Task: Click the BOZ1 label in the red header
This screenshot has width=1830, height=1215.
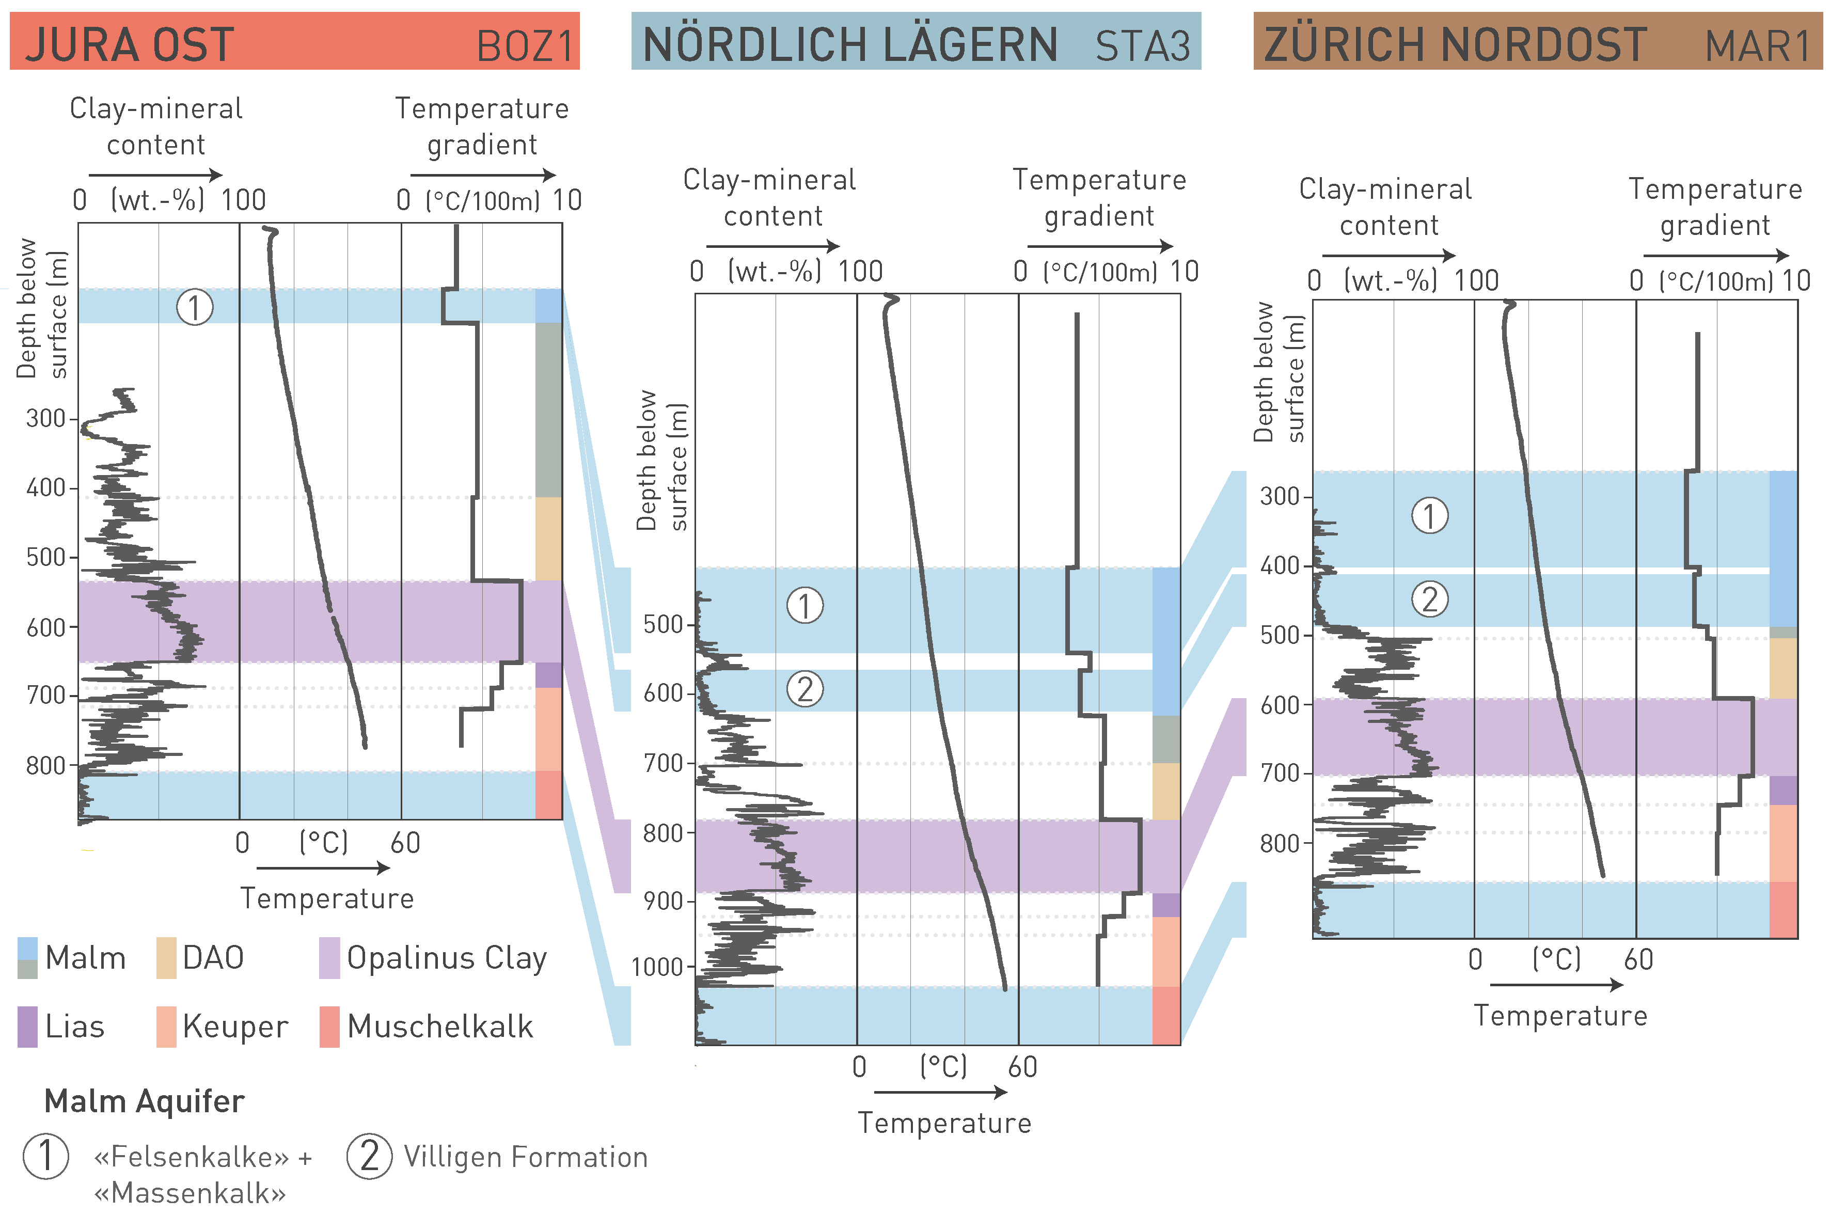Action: [525, 46]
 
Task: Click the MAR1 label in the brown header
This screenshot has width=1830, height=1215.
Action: [1757, 46]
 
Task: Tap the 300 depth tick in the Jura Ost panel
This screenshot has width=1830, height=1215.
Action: [46, 418]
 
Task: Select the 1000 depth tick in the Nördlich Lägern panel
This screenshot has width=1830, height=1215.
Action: [657, 967]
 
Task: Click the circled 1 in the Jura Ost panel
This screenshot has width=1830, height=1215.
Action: [195, 308]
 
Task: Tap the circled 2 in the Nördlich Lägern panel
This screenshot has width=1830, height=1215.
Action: [805, 689]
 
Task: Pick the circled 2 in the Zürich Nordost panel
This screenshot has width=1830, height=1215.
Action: [1429, 599]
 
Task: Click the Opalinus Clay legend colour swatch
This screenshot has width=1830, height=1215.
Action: [329, 958]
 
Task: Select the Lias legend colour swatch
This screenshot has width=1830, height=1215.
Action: [28, 1027]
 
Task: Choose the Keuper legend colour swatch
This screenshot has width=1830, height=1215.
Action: [166, 1027]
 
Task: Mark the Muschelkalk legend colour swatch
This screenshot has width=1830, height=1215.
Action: [329, 1027]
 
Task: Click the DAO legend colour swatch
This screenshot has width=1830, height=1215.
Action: [166, 958]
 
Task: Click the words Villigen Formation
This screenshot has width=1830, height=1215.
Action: [525, 1157]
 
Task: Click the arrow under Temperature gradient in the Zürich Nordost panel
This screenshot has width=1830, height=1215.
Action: [1715, 255]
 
